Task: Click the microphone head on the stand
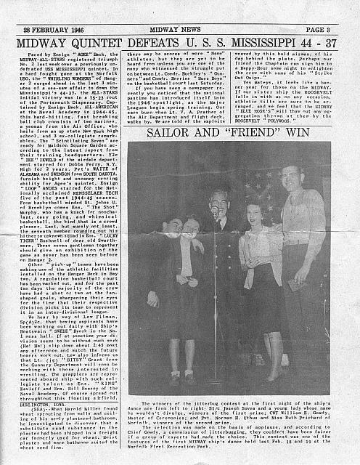pos(215,211)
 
